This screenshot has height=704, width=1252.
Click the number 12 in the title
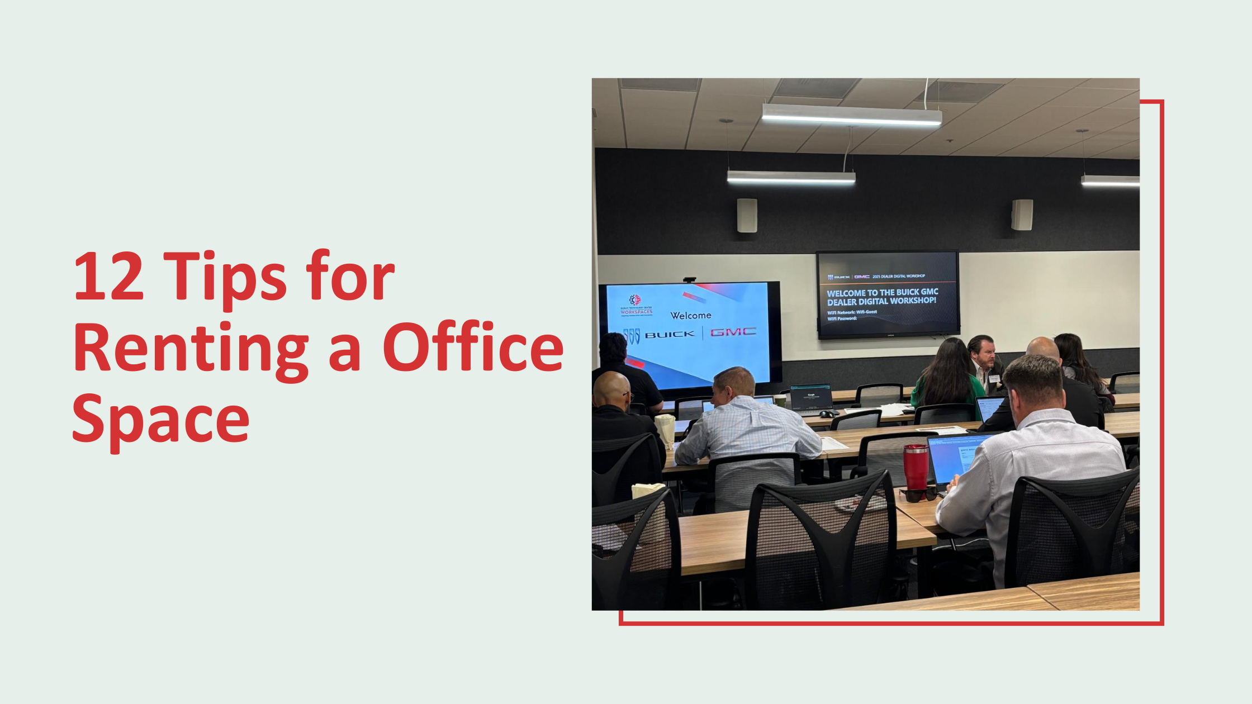(x=109, y=278)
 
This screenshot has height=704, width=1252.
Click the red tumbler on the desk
(x=916, y=467)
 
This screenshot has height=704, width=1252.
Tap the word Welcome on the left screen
(x=691, y=316)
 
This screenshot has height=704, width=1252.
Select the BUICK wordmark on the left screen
(x=670, y=335)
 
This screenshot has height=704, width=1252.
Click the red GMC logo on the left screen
(x=733, y=332)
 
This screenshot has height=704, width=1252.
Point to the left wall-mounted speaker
(x=747, y=216)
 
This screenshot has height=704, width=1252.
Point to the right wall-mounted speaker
(x=1022, y=215)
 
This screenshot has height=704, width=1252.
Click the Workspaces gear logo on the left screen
(x=635, y=301)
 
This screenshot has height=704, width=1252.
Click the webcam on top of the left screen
(x=689, y=280)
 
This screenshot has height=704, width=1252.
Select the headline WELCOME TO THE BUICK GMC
(x=882, y=292)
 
